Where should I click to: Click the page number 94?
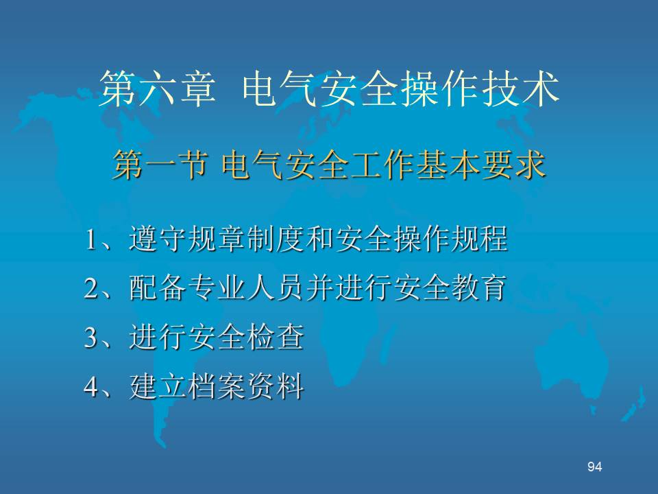595,467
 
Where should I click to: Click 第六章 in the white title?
158,89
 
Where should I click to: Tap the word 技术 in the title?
521,89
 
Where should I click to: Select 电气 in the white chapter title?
280,89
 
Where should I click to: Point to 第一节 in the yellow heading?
160,165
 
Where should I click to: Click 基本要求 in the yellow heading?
481,165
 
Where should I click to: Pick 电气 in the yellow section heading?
253,165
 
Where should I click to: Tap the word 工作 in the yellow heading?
382,165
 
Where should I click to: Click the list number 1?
91,240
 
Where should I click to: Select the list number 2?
91,289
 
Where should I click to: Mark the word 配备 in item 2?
158,288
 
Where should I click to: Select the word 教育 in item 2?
479,288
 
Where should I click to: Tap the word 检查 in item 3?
276,338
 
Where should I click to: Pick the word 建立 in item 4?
158,386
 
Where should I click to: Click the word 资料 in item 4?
276,386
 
